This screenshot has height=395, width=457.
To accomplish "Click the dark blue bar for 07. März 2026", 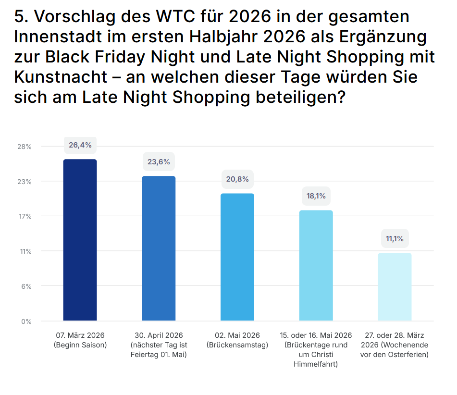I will [80, 240].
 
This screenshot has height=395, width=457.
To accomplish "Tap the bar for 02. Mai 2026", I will [237, 257].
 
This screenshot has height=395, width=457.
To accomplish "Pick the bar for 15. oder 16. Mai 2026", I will [316, 265].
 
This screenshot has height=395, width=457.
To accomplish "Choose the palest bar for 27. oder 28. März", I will [395, 286].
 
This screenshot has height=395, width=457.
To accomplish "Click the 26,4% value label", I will [80, 145].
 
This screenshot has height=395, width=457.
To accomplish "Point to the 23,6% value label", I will [159, 161].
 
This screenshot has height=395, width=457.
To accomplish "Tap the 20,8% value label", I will [237, 179].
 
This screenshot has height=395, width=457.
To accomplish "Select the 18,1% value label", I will [316, 196].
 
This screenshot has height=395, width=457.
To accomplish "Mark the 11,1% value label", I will [395, 238].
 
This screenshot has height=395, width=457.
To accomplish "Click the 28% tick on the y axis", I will [25, 147].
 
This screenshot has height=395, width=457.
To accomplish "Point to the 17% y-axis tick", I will [25, 216].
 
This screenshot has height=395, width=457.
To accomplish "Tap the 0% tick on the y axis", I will [26, 321].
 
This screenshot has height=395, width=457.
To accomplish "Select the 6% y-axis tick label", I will [26, 286].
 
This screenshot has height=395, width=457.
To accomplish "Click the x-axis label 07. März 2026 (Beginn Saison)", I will [80, 340].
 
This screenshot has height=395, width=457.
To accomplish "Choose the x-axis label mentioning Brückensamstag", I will [237, 340].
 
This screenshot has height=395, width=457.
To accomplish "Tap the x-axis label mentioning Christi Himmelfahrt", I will [316, 349].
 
